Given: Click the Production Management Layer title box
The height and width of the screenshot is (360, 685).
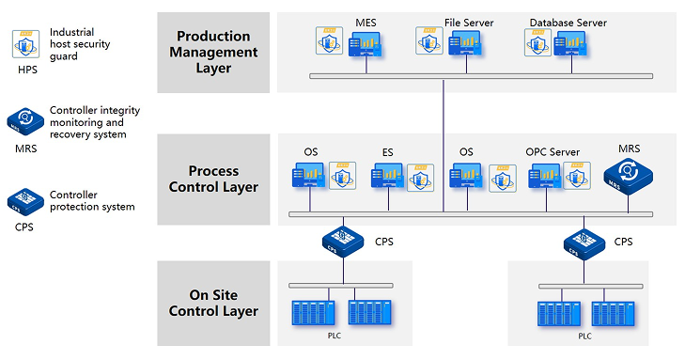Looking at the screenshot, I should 213,52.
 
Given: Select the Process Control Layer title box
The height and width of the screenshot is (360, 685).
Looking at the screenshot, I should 213,179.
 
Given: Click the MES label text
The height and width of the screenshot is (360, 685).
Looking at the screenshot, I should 366,22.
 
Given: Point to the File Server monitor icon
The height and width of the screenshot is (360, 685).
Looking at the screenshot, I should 467,44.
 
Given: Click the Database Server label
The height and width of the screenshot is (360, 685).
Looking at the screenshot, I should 568,22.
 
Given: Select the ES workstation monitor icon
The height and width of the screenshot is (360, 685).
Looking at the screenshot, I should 387,177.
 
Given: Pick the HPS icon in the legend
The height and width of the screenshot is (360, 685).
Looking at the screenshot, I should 24,43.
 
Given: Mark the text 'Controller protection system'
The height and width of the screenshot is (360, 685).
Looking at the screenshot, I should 91,200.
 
